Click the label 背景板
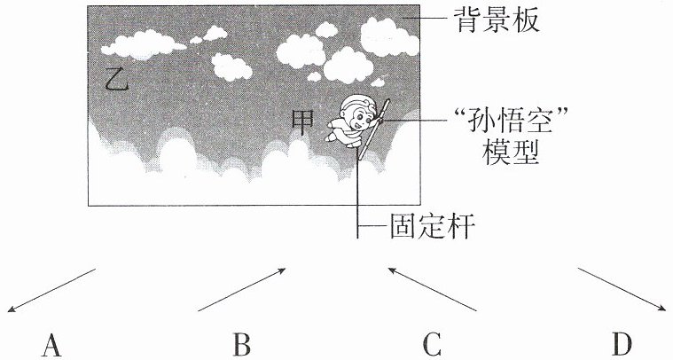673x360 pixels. tap(497, 20)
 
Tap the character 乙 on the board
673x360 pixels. tap(117, 79)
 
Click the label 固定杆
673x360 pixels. tap(432, 226)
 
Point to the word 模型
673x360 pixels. tap(511, 153)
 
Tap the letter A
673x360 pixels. tap(51, 346)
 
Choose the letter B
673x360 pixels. tap(242, 346)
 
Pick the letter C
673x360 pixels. tap(431, 346)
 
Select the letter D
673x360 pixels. tap(622, 346)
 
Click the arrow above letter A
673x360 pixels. tap(51, 290)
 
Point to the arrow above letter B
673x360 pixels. tap(242, 289)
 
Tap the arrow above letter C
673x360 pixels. tap(432, 289)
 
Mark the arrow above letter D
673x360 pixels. tap(622, 289)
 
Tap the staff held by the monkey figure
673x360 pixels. tap(373, 129)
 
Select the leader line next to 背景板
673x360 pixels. tap(425, 18)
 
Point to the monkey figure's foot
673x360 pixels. tap(331, 137)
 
